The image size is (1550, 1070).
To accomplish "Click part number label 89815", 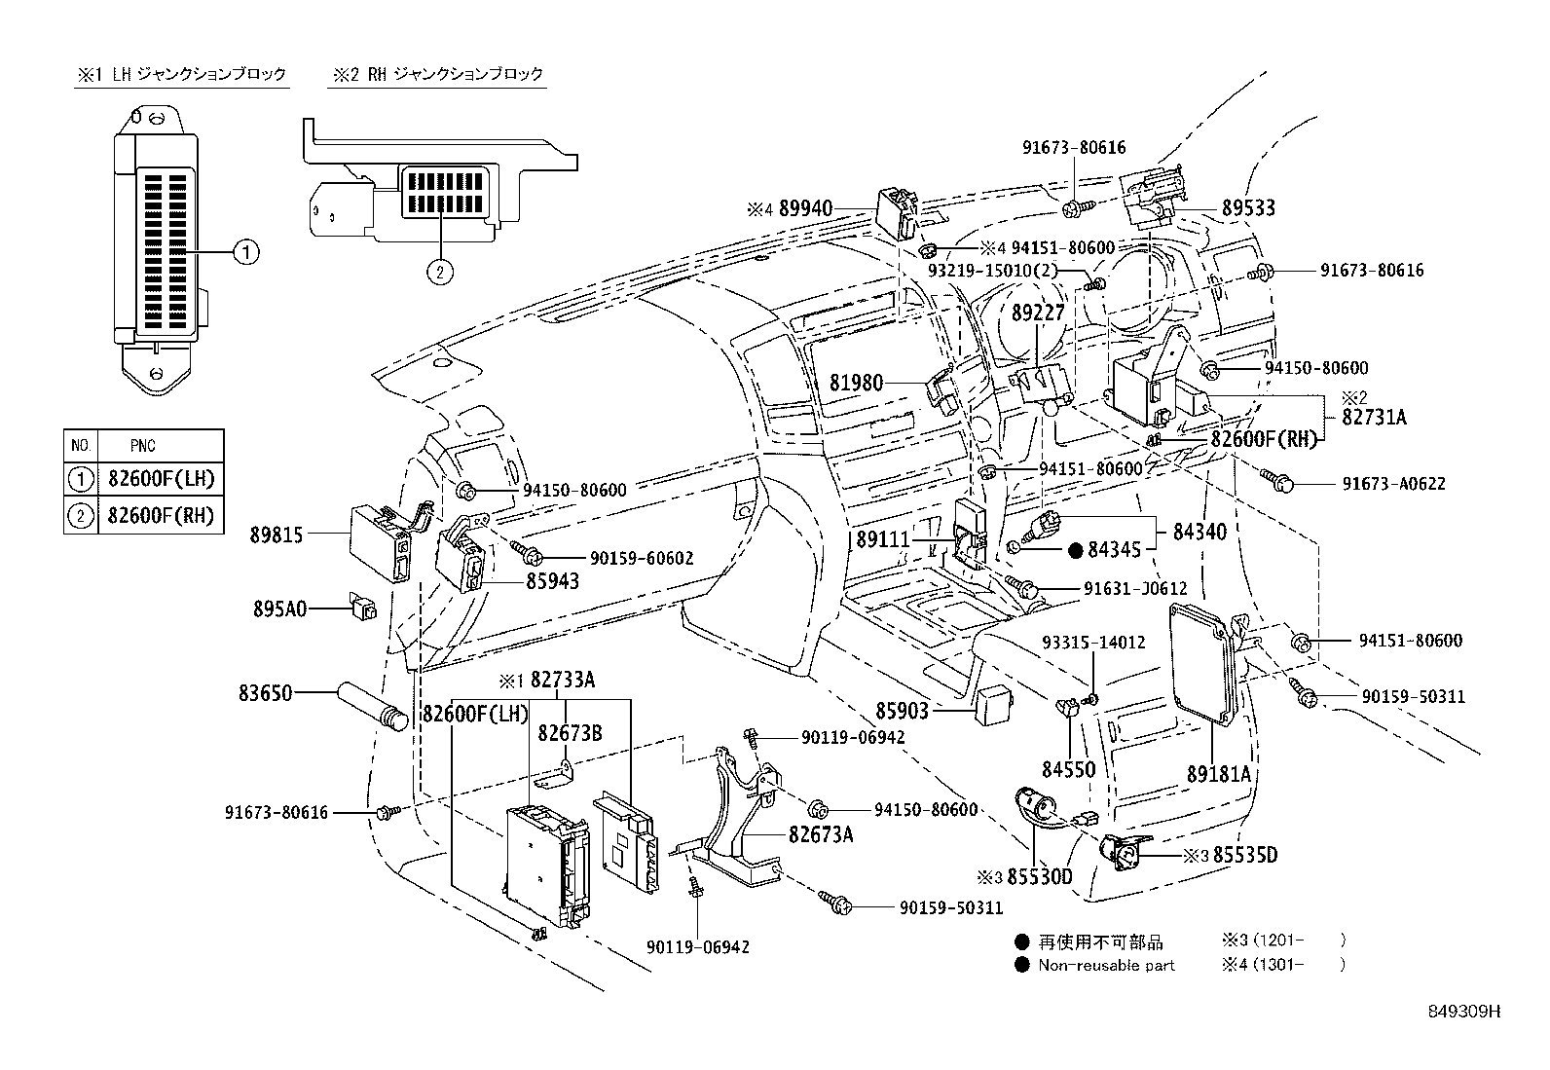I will tap(277, 535).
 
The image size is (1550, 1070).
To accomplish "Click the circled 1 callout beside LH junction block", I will tap(246, 253).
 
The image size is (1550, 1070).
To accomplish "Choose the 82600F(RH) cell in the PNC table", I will tap(160, 515).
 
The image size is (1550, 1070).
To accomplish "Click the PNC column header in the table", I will tap(142, 446).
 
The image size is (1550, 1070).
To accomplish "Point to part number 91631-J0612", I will tap(1134, 589).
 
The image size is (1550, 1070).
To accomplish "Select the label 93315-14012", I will tap(1092, 643).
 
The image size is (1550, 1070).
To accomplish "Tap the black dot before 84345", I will tap(1075, 551).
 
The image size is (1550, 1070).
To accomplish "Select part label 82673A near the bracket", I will tap(821, 834).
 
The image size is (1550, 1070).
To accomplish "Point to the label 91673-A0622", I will tap(1393, 483).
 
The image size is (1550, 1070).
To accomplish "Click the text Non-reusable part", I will tap(1106, 966).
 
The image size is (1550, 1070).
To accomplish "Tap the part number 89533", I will tap(1248, 208).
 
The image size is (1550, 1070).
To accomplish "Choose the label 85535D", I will tap(1242, 856).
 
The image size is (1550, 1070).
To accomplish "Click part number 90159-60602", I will tap(641, 558).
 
